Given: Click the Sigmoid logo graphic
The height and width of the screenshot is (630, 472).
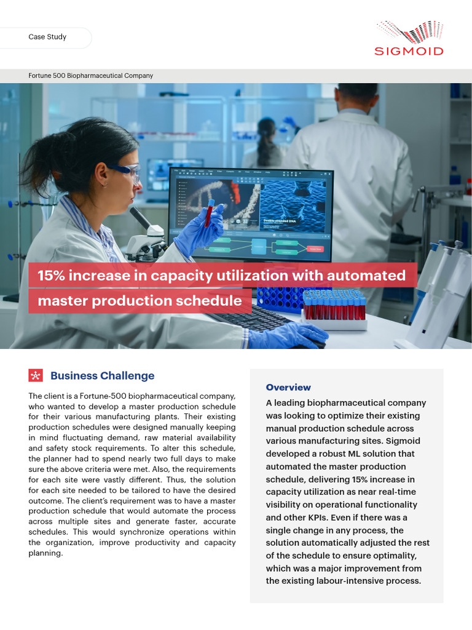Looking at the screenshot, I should [409, 31].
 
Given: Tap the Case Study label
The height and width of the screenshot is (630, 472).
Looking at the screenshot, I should [47, 37].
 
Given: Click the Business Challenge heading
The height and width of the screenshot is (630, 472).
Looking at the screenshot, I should [102, 376].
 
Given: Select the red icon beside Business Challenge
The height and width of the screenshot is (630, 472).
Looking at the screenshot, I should [36, 376].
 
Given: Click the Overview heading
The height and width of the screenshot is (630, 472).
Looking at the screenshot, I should [288, 388].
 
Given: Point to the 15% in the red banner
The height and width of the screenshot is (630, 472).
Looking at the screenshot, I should [51, 276].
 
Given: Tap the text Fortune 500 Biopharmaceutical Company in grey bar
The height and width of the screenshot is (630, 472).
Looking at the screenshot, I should [91, 76].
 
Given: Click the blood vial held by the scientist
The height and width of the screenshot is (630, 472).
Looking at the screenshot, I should [210, 212].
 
